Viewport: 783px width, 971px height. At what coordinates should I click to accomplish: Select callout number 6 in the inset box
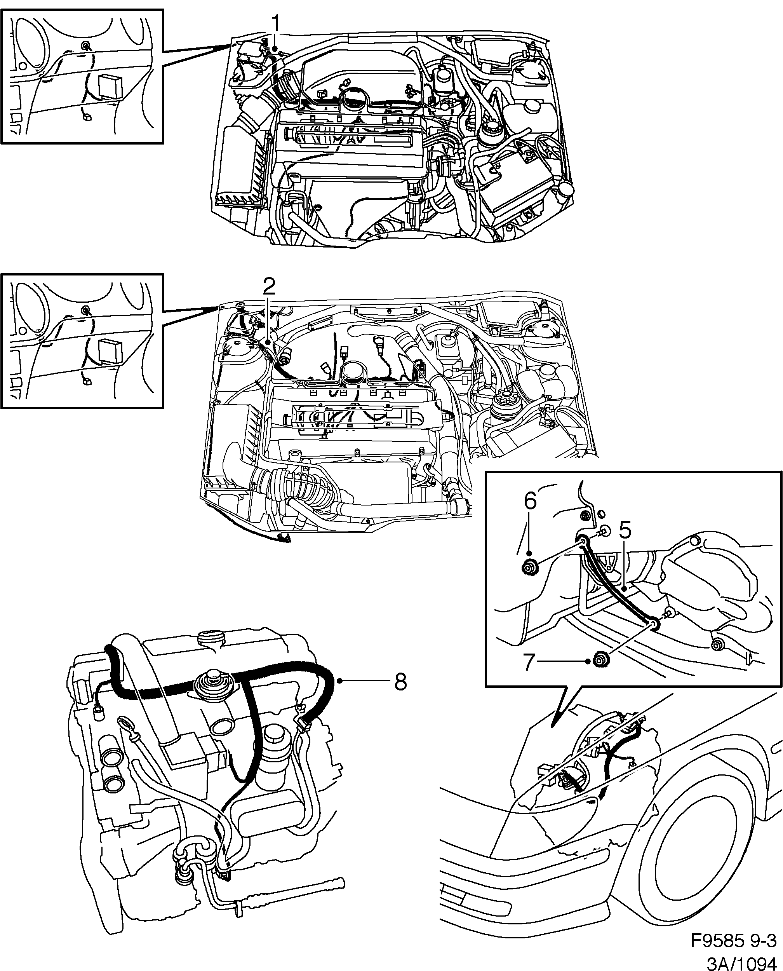[x=531, y=500]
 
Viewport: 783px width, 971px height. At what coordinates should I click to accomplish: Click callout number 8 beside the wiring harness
[x=400, y=682]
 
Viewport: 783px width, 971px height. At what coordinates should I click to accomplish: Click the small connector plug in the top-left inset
[x=87, y=118]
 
